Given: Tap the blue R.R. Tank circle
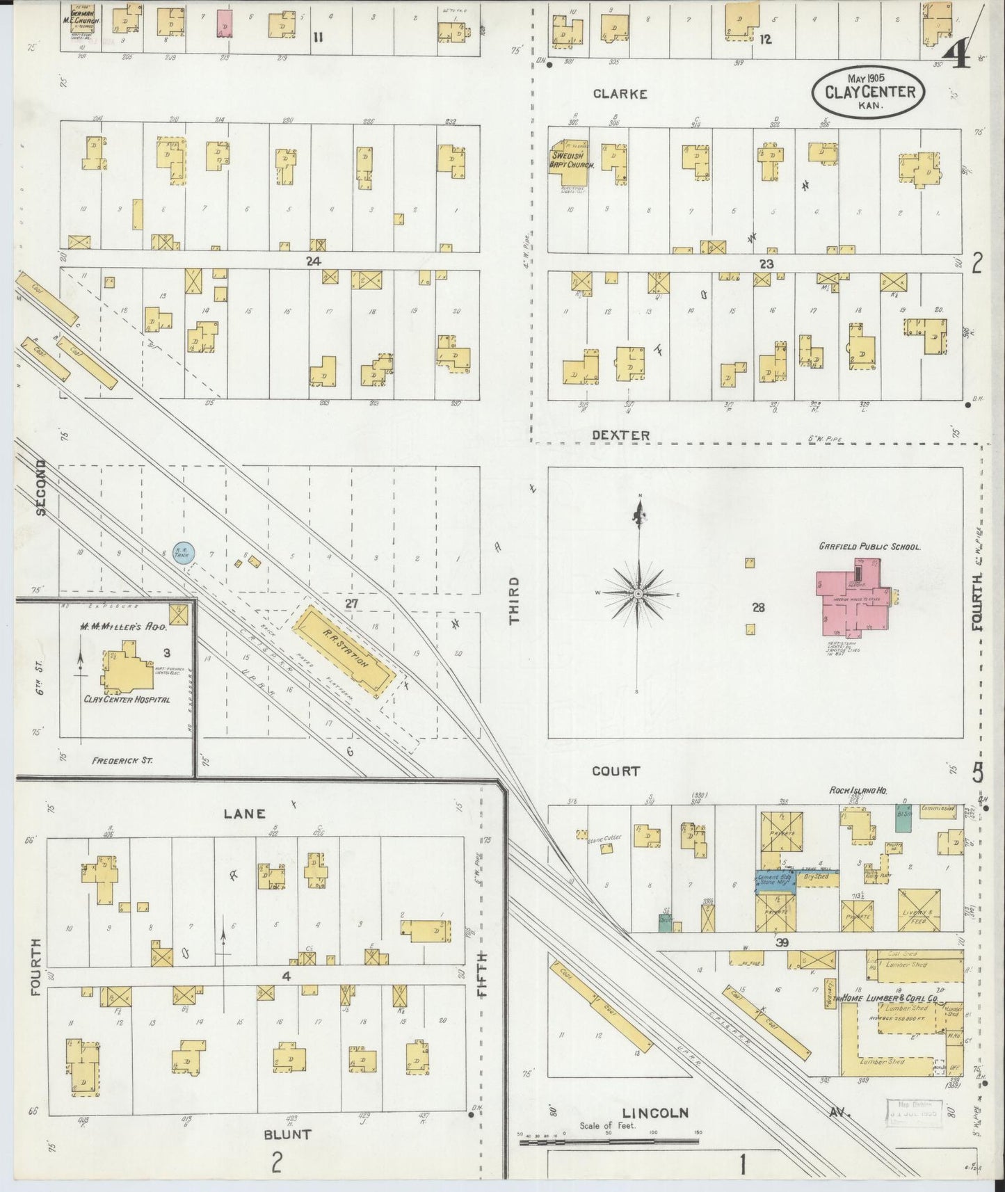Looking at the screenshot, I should (184, 553).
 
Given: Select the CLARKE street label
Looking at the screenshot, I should (620, 94).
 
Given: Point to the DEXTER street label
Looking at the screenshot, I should (620, 435).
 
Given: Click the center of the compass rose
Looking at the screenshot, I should (638, 593).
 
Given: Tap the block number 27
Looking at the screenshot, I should (351, 604).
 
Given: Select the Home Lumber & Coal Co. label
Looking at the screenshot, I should (892, 998).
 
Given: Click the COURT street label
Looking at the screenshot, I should (616, 771).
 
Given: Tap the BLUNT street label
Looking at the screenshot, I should (287, 1134).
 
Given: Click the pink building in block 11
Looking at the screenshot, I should (225, 22).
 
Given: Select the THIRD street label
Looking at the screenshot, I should (514, 600).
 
